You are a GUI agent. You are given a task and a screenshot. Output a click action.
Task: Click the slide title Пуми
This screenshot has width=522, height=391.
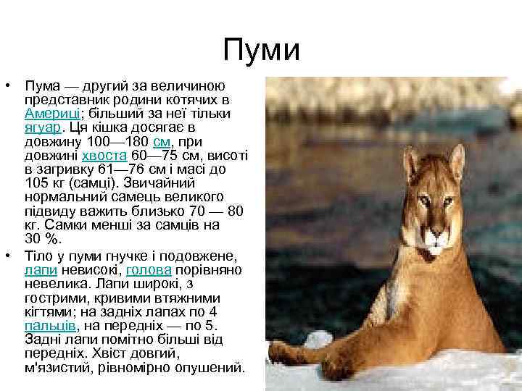(261, 50)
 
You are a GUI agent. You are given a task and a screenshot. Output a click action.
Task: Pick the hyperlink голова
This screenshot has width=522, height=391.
(149, 271)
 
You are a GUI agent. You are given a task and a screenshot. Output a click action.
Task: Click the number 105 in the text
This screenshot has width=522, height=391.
(36, 182)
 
